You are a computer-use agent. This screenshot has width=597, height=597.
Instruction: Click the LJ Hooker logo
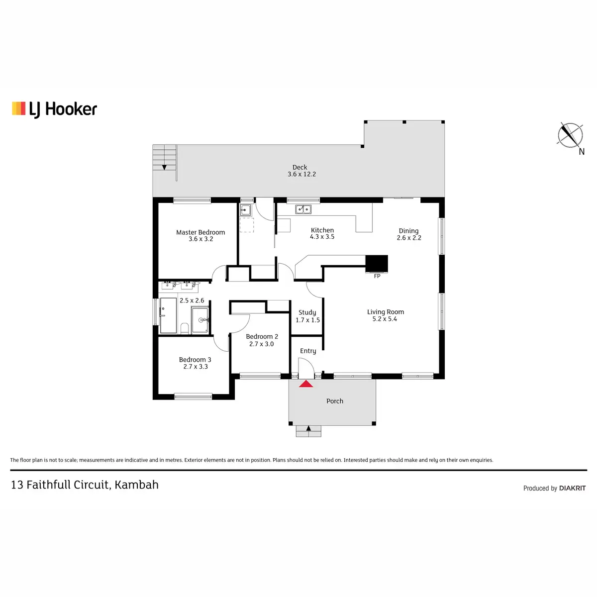click(54, 109)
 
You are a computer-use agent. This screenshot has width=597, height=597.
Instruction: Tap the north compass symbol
click(570, 135)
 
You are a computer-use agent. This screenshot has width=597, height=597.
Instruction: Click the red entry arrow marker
click(306, 384)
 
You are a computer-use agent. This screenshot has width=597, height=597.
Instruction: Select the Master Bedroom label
click(200, 232)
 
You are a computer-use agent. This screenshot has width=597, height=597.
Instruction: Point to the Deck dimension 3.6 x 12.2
click(301, 174)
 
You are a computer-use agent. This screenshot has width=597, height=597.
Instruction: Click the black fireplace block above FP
click(377, 264)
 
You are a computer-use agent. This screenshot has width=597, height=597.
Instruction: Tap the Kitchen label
click(322, 230)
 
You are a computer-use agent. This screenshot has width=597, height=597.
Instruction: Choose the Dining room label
click(408, 231)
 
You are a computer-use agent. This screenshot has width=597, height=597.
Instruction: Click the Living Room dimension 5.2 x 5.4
click(385, 319)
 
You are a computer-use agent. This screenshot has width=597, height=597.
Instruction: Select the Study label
click(307, 312)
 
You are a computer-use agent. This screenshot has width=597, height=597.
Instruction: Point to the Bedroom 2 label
click(262, 337)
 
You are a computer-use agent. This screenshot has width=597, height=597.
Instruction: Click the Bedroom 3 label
click(195, 360)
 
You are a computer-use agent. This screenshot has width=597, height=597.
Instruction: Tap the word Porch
click(335, 401)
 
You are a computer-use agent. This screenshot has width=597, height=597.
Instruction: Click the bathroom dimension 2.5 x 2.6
click(192, 300)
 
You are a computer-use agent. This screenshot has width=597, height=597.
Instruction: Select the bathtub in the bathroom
click(168, 315)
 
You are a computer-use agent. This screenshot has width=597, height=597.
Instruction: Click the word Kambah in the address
click(136, 485)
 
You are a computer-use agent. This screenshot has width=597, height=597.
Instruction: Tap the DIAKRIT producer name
click(572, 489)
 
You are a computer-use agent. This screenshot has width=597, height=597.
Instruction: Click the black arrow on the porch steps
click(308, 428)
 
